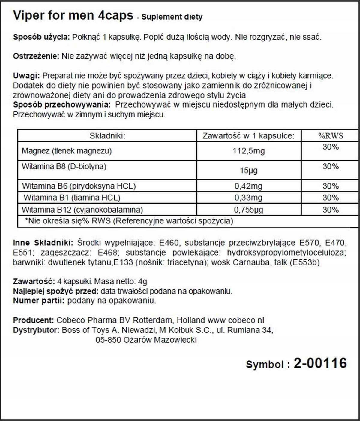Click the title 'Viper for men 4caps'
(73, 15)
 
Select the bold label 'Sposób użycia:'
(41, 37)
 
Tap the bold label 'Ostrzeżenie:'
(36, 56)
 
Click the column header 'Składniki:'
(107, 136)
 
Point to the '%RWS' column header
(331, 136)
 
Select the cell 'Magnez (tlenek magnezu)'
(67, 151)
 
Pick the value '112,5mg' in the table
(249, 151)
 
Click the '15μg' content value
(249, 171)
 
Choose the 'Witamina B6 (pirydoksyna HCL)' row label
(79, 186)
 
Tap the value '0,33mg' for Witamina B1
(248, 198)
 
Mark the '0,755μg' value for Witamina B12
(248, 210)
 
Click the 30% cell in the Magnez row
(331, 147)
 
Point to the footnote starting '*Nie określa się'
(129, 221)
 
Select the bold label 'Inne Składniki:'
(43, 243)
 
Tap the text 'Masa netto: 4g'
(121, 282)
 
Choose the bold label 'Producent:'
(33, 320)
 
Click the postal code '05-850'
(108, 340)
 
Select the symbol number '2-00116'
(320, 363)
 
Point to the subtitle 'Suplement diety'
(172, 17)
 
